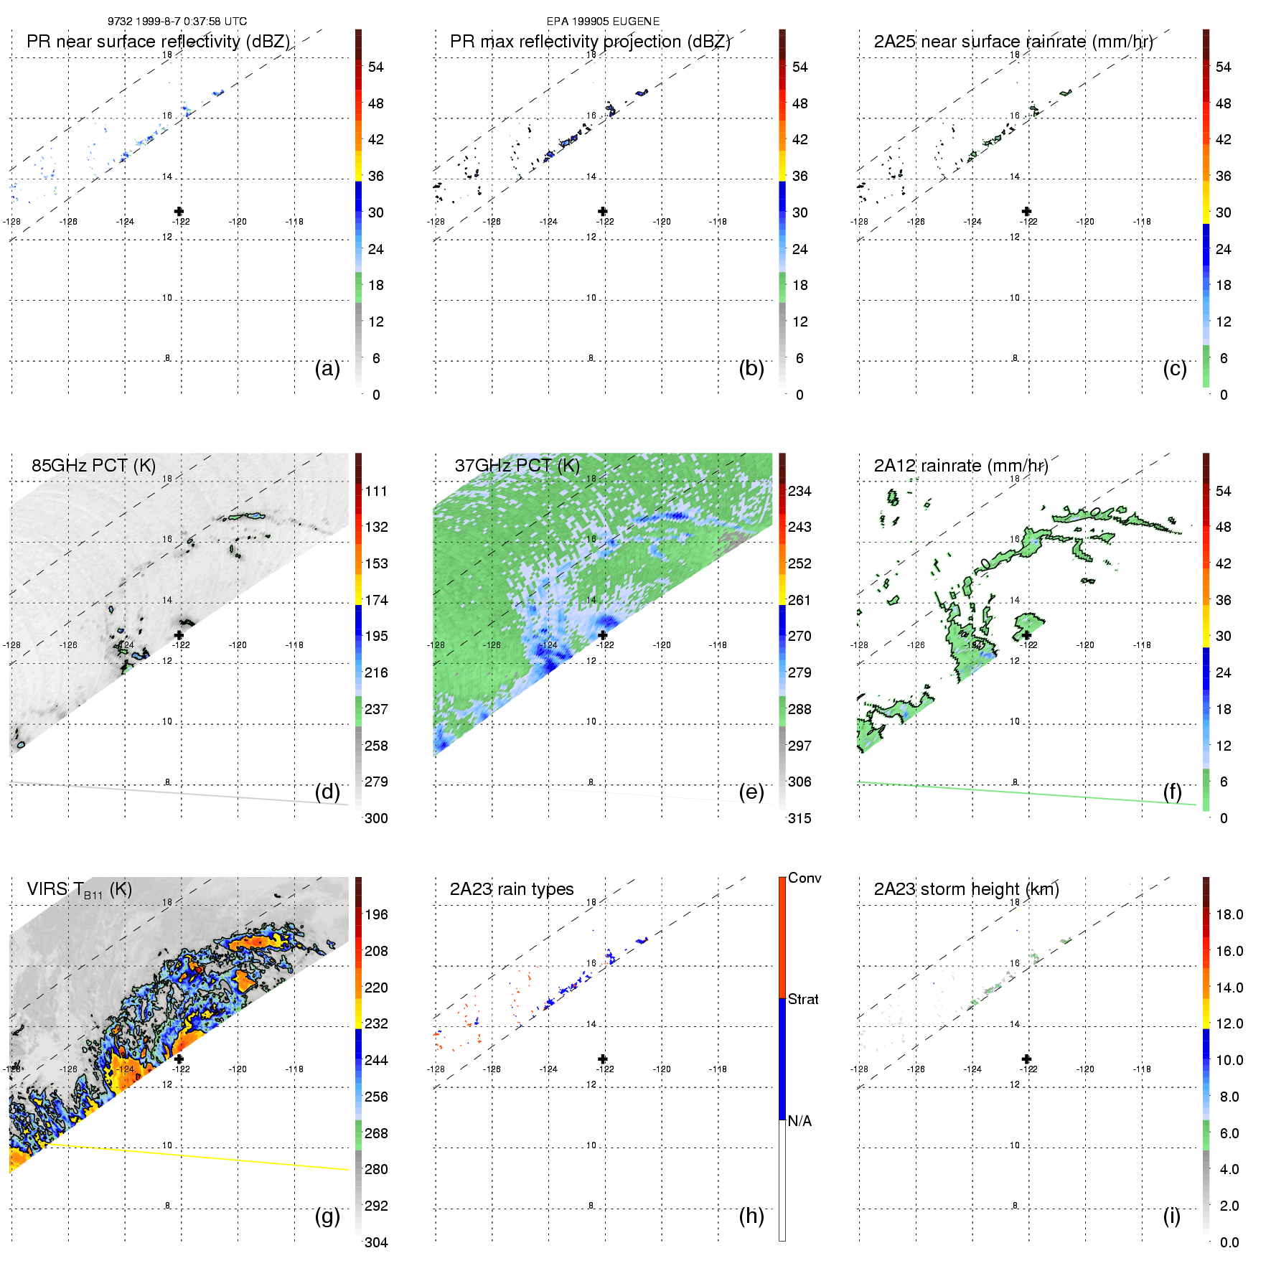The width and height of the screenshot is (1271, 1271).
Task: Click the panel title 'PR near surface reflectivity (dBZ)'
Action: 158,42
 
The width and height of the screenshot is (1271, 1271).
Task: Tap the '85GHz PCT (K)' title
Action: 93,466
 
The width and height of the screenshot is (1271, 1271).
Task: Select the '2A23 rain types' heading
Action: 511,889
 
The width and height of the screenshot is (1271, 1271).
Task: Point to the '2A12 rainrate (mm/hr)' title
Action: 960,466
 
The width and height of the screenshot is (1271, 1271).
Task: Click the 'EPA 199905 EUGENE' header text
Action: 603,22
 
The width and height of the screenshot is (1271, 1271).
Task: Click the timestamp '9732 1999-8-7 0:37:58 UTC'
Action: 177,22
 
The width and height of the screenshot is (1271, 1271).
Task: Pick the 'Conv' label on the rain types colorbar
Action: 804,878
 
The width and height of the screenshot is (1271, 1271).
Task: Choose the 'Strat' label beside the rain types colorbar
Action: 802,1000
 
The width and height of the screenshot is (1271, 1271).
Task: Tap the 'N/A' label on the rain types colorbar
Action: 799,1121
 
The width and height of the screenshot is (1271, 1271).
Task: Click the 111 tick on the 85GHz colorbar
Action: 376,492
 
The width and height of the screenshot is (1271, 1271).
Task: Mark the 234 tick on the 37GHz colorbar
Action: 799,492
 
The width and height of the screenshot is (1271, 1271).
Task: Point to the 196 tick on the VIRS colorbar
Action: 376,915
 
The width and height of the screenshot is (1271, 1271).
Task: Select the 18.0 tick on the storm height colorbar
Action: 1229,915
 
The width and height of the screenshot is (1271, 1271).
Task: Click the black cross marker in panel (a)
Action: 179,211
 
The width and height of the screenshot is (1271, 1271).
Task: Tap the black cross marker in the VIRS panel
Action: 179,1059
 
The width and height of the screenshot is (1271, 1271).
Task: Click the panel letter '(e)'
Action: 751,792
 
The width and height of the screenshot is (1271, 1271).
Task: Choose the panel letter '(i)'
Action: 1171,1216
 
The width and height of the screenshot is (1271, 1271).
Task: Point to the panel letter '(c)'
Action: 1174,368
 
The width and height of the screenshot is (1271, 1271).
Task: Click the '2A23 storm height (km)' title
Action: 966,889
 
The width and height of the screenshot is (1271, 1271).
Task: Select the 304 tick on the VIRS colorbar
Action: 376,1242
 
